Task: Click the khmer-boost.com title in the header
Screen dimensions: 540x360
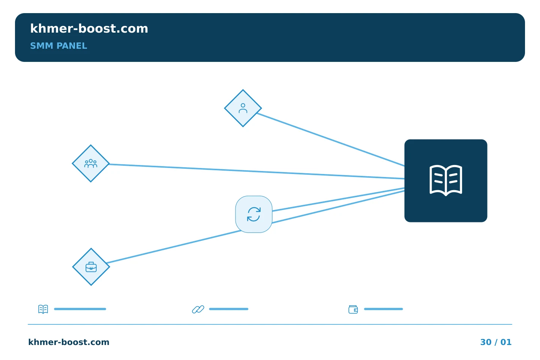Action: click(x=89, y=28)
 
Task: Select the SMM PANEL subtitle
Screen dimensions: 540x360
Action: click(x=58, y=46)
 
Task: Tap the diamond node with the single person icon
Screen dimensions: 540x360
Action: click(x=243, y=108)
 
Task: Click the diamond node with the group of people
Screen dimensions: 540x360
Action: click(x=91, y=163)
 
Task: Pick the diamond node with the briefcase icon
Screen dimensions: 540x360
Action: click(x=91, y=267)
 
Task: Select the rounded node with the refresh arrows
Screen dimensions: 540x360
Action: click(x=254, y=214)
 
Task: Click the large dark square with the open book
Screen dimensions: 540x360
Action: click(x=446, y=181)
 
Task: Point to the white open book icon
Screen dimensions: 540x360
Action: click(x=446, y=180)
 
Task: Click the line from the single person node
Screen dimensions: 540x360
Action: click(x=331, y=139)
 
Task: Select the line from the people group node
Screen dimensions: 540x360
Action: click(x=257, y=171)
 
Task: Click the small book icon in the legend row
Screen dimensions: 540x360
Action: click(x=43, y=309)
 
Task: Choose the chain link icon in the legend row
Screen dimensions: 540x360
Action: click(x=198, y=309)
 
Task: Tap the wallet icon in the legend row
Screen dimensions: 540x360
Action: click(x=353, y=309)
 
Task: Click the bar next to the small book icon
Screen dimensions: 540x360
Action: click(x=80, y=309)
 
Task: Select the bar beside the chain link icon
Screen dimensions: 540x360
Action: click(x=228, y=309)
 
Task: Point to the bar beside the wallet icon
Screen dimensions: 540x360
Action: click(x=383, y=309)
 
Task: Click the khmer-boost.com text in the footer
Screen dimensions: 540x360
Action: click(x=69, y=342)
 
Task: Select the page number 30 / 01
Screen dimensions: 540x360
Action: click(x=496, y=342)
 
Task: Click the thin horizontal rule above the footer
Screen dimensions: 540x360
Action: click(x=270, y=324)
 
